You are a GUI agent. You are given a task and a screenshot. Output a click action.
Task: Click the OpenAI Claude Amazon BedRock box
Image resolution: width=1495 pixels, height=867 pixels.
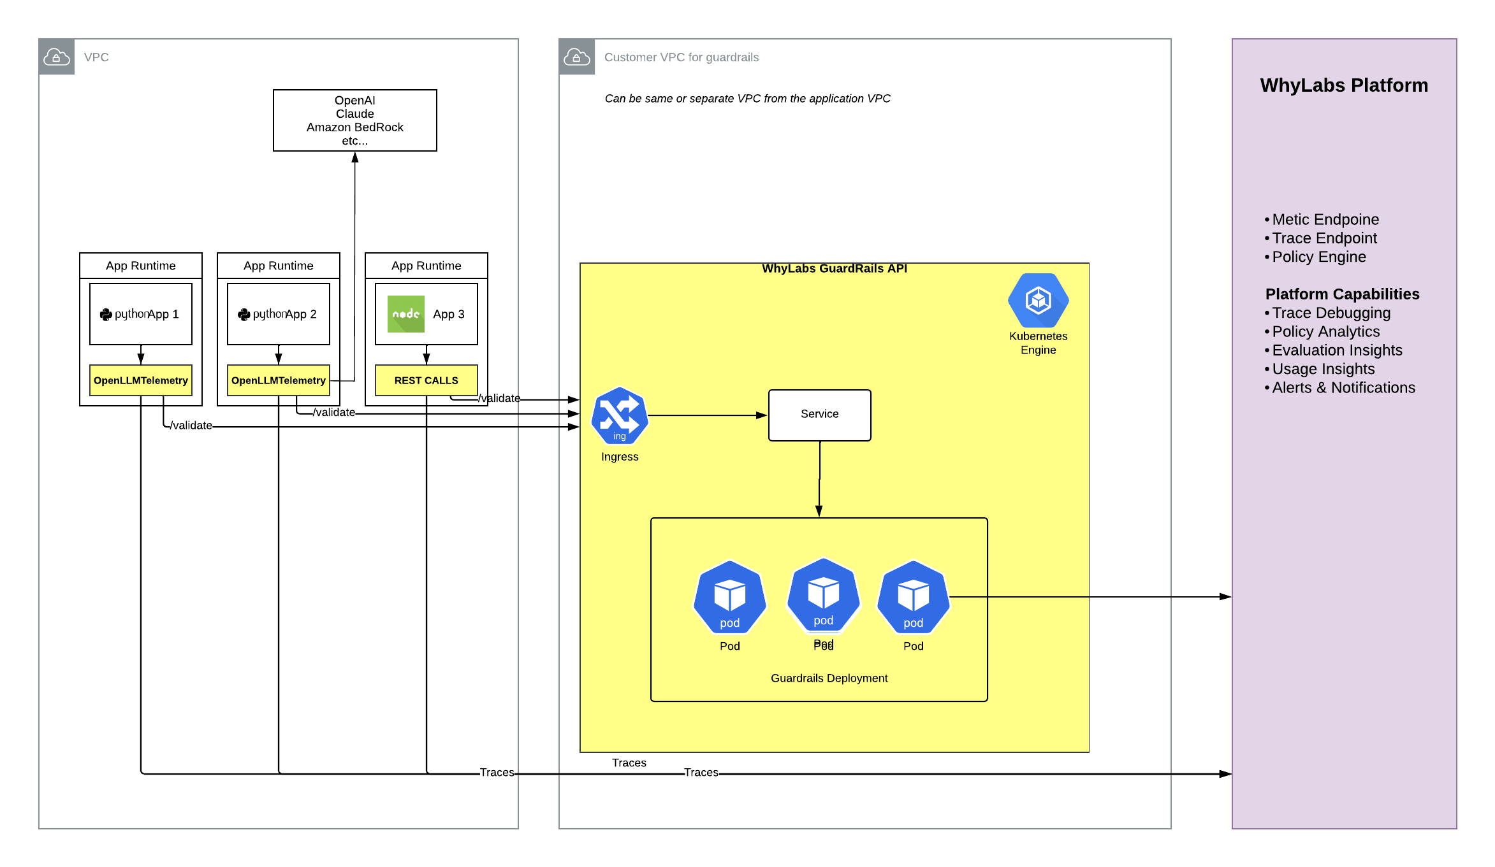354,120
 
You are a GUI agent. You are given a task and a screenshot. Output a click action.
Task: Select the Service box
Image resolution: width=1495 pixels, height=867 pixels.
819,415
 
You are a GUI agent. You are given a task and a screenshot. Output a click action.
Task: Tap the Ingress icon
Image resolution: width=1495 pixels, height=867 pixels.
619,415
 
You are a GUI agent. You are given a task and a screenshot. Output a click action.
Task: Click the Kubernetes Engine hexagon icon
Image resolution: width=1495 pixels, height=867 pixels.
1038,301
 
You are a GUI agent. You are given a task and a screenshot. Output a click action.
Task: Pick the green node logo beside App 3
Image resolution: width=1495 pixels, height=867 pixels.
405,314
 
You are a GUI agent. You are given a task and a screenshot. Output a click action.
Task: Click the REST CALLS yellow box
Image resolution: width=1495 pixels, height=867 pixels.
426,380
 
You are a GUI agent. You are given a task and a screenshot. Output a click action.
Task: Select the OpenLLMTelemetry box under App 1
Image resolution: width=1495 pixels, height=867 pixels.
140,380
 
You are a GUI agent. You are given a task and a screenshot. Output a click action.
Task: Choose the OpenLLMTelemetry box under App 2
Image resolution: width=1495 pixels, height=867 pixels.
278,380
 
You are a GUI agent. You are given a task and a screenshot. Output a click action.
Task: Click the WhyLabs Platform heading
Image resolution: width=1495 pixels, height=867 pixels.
1344,85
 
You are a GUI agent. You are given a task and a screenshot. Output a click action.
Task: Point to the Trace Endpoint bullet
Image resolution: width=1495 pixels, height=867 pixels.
1324,238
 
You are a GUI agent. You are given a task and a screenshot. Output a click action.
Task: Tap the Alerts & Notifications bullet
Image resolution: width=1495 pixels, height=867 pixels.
1343,388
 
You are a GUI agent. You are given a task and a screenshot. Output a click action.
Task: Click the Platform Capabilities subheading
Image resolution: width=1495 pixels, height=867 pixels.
1342,294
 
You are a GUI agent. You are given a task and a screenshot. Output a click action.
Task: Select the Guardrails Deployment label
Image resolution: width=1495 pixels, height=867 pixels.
829,678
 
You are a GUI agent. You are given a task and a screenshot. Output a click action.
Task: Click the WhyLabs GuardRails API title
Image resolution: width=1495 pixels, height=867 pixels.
834,269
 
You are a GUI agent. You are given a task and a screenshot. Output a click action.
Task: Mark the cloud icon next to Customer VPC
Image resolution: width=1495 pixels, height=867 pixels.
576,57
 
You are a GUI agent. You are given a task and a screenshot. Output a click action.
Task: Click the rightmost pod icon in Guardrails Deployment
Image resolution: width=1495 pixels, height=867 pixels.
913,598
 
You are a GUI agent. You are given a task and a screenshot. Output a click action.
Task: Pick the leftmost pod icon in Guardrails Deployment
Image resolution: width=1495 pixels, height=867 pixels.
729,598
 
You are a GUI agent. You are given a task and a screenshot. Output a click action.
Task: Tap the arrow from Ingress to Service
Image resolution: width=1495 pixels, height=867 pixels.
708,415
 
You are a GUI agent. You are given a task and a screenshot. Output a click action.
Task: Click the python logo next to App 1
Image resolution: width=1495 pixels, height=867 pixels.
106,315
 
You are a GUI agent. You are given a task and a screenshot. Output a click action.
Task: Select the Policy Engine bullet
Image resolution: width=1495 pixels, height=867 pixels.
1318,257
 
